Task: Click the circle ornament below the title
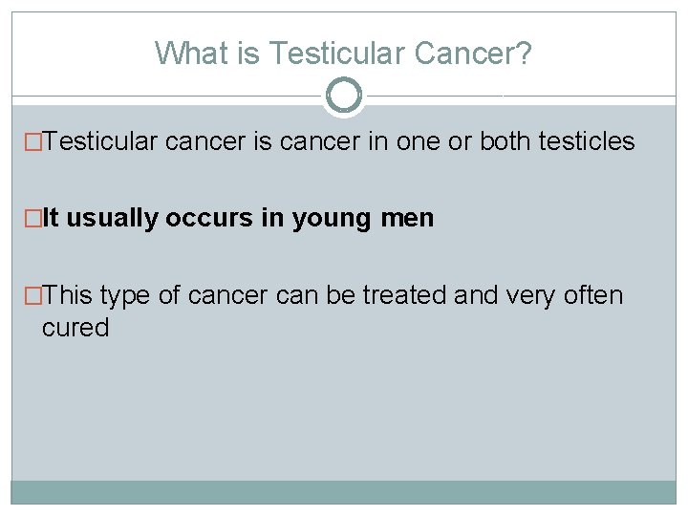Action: coord(344,95)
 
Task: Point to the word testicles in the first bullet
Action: coord(587,141)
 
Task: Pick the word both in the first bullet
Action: coord(505,141)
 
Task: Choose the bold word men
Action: coord(408,219)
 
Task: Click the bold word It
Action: coord(51,219)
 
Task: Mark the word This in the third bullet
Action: coord(67,295)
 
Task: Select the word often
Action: coord(591,295)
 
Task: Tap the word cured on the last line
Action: coord(75,328)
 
